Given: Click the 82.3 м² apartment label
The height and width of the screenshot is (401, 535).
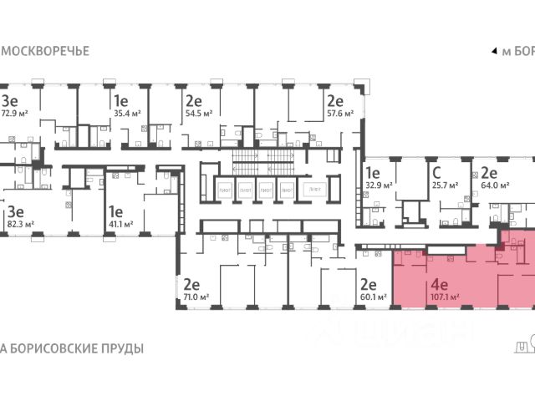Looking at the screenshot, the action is click(x=18, y=224).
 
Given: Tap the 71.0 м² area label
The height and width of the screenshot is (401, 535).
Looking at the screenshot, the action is click(x=196, y=296).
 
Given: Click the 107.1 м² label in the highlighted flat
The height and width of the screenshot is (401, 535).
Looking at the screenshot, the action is click(x=441, y=295).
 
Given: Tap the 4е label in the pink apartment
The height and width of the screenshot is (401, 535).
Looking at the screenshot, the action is click(x=440, y=282).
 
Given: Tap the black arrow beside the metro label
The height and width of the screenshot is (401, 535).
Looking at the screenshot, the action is click(x=493, y=51).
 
